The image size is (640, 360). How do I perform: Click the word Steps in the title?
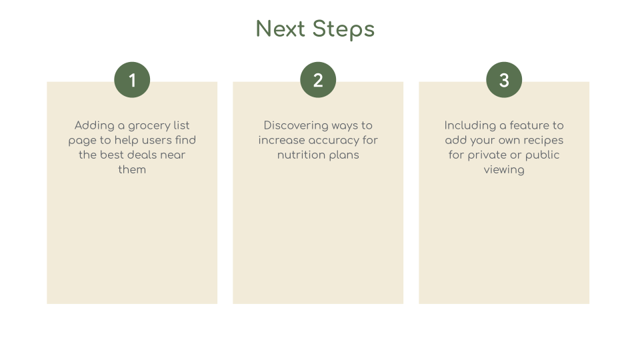(343, 29)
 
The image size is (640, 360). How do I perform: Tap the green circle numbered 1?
(132, 80)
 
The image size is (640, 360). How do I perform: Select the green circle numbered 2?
(318, 80)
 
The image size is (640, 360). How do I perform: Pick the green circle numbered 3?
(504, 80)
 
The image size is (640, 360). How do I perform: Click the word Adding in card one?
(94, 125)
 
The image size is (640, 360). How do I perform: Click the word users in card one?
(157, 140)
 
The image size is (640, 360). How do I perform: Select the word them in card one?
(132, 169)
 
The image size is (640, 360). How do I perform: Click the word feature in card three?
(529, 125)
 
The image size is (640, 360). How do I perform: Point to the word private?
(490, 155)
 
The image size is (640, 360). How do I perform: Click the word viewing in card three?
(504, 170)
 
